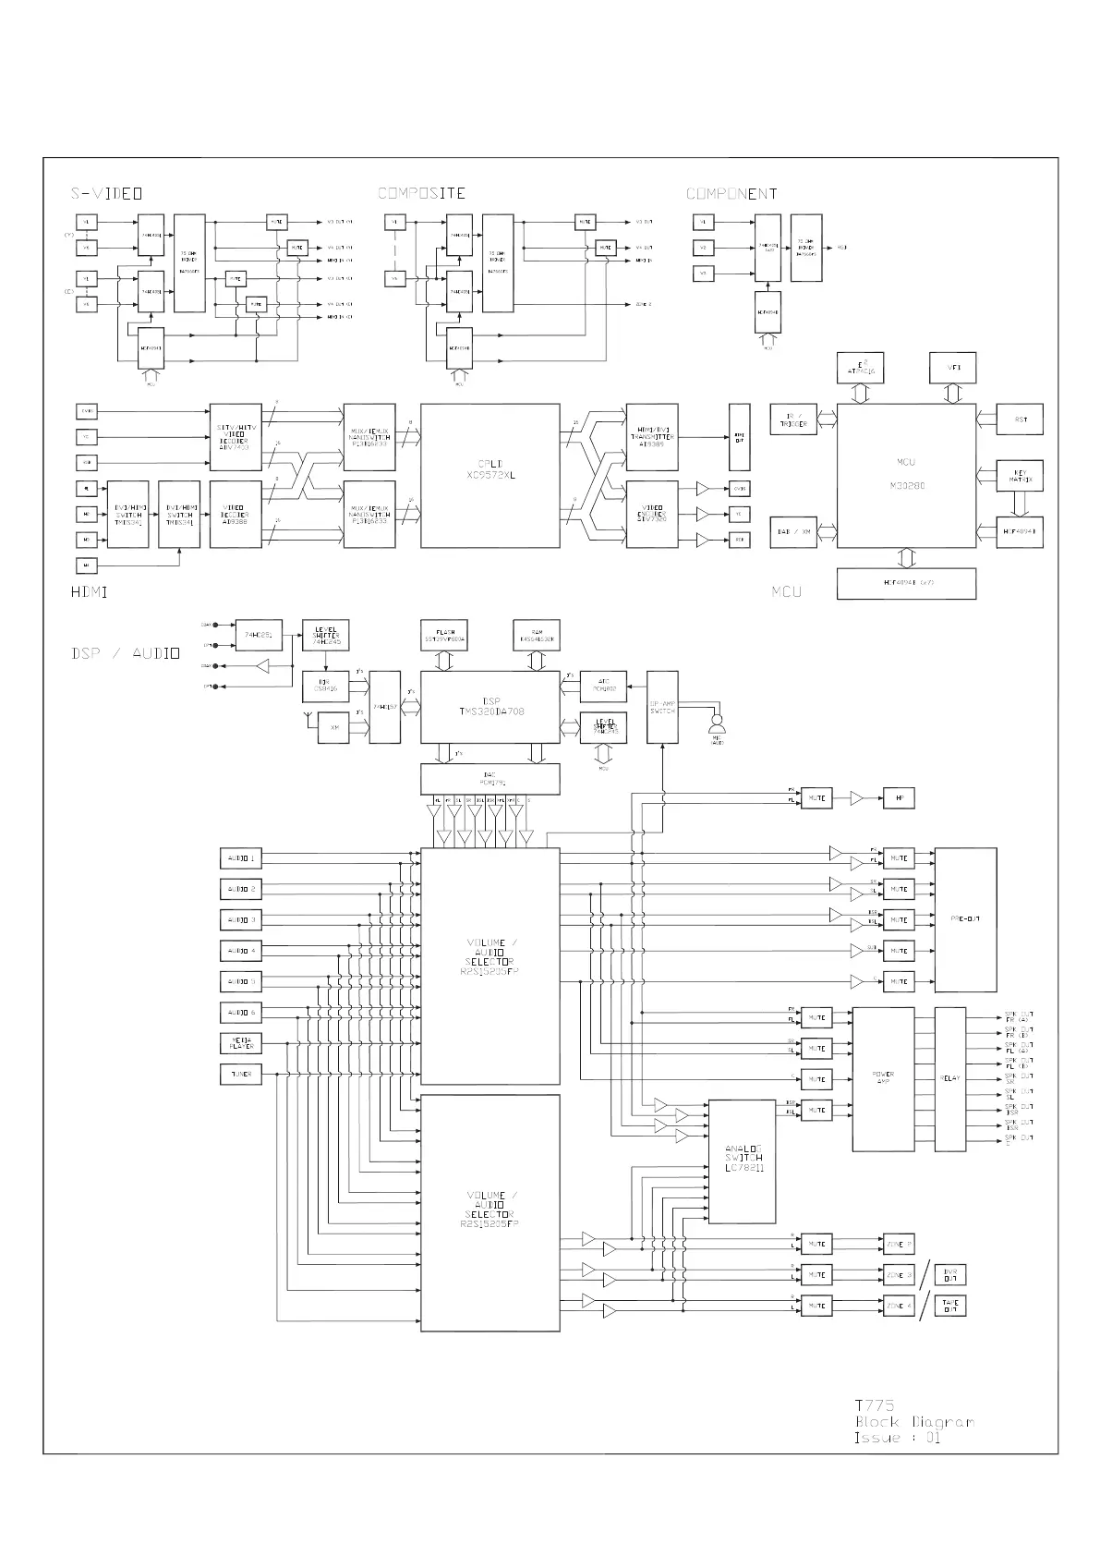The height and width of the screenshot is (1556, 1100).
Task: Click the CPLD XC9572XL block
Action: point(490,476)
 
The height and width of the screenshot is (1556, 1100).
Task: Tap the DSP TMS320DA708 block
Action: point(490,707)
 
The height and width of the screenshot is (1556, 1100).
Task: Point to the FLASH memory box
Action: point(444,635)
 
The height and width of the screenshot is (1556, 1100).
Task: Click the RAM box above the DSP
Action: point(537,635)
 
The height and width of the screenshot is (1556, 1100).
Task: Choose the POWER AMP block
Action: point(882,1079)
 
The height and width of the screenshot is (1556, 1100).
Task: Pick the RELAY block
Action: point(949,1079)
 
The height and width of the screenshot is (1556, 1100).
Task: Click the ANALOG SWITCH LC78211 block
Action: point(742,1161)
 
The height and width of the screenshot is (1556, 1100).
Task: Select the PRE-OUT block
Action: point(965,919)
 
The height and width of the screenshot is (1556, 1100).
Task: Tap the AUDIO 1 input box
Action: point(241,858)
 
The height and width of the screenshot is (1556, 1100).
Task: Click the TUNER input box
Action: point(241,1075)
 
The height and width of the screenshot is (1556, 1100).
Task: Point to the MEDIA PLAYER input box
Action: point(241,1043)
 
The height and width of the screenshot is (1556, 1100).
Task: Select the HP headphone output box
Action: point(899,797)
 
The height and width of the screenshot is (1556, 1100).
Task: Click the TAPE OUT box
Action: point(950,1306)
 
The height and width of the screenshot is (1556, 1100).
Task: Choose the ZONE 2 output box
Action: point(899,1244)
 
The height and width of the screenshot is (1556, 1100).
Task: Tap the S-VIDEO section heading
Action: point(106,194)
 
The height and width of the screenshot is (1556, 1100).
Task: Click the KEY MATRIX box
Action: point(1020,476)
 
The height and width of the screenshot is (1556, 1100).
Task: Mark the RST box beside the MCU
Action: point(1020,419)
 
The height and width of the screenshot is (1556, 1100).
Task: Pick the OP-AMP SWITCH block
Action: point(662,707)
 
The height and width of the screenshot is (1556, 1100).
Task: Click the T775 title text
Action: point(874,1405)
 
